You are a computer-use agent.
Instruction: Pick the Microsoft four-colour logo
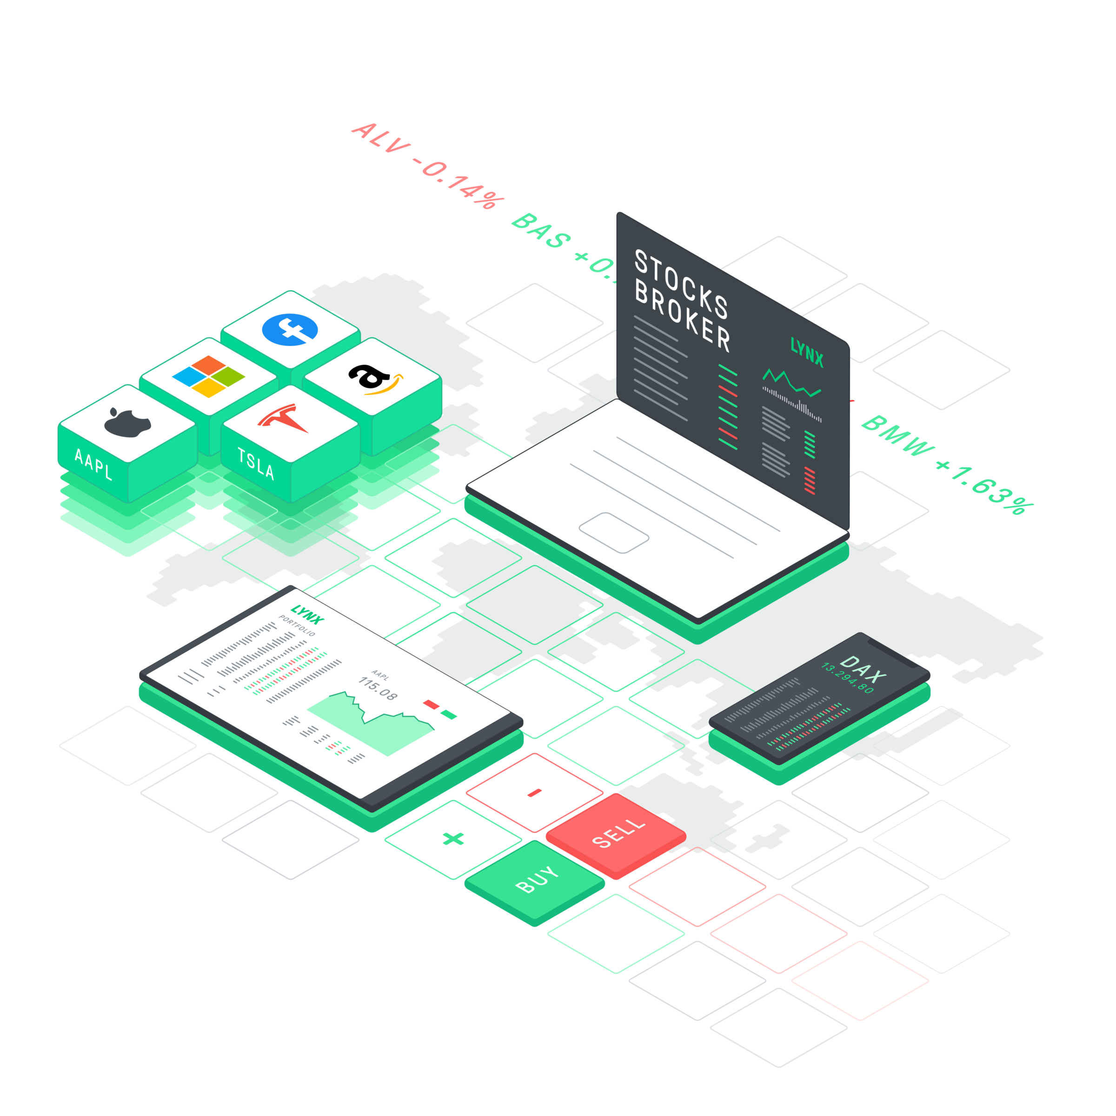coord(208,376)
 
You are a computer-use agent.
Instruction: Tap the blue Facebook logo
coord(290,330)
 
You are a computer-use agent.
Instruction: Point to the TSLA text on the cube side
coord(255,463)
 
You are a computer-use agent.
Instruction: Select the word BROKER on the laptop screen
coord(682,315)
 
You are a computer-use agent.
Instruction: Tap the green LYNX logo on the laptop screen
coord(806,353)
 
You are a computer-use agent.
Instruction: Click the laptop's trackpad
coord(614,532)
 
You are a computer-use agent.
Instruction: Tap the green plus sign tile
coord(453,839)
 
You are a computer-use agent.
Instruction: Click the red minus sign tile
coord(535,792)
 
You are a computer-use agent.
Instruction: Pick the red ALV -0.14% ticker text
coord(427,165)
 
